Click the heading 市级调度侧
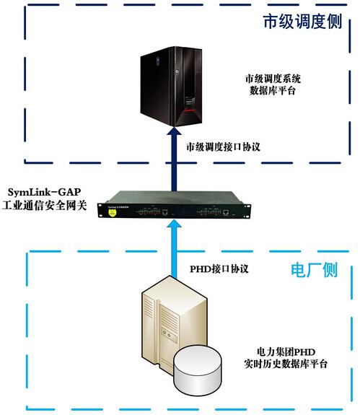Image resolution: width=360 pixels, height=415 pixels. click(x=302, y=22)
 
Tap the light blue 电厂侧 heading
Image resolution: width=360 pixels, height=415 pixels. click(x=315, y=270)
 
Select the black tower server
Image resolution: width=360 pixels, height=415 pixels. click(x=172, y=87)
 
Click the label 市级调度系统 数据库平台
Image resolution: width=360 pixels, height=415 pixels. click(x=273, y=84)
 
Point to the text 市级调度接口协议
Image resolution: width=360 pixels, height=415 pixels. click(x=223, y=147)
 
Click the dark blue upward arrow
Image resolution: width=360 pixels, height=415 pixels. click(x=174, y=159)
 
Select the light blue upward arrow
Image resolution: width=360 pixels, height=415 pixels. click(x=174, y=249)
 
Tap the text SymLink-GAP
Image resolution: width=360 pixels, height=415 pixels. click(x=44, y=192)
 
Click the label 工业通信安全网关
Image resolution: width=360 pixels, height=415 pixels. click(x=45, y=206)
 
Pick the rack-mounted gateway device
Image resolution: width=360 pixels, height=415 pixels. click(x=174, y=205)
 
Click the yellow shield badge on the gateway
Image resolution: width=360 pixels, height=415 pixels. click(x=113, y=212)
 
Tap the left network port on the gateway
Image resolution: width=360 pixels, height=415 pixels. click(x=165, y=212)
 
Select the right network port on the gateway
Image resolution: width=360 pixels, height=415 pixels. click(x=226, y=212)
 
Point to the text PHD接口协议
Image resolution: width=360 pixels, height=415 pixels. click(x=219, y=269)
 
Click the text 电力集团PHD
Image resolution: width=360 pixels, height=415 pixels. click(x=286, y=352)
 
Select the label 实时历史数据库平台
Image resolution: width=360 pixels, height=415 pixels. click(x=286, y=364)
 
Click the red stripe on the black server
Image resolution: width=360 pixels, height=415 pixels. click(x=190, y=111)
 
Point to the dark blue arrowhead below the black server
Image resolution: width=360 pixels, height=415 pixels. click(x=174, y=131)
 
